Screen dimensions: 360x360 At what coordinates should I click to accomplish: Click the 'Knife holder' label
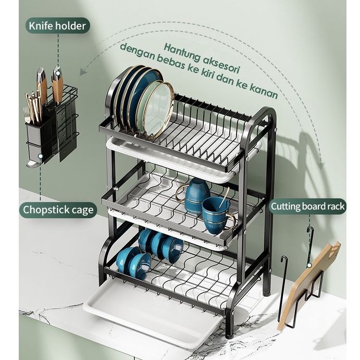[57, 25]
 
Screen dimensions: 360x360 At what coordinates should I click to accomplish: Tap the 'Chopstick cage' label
[58, 210]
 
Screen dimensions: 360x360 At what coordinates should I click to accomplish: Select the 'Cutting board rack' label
[307, 206]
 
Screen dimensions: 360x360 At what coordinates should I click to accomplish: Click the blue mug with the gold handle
[217, 214]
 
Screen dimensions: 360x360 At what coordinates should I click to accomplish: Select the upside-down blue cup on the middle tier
[197, 193]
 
